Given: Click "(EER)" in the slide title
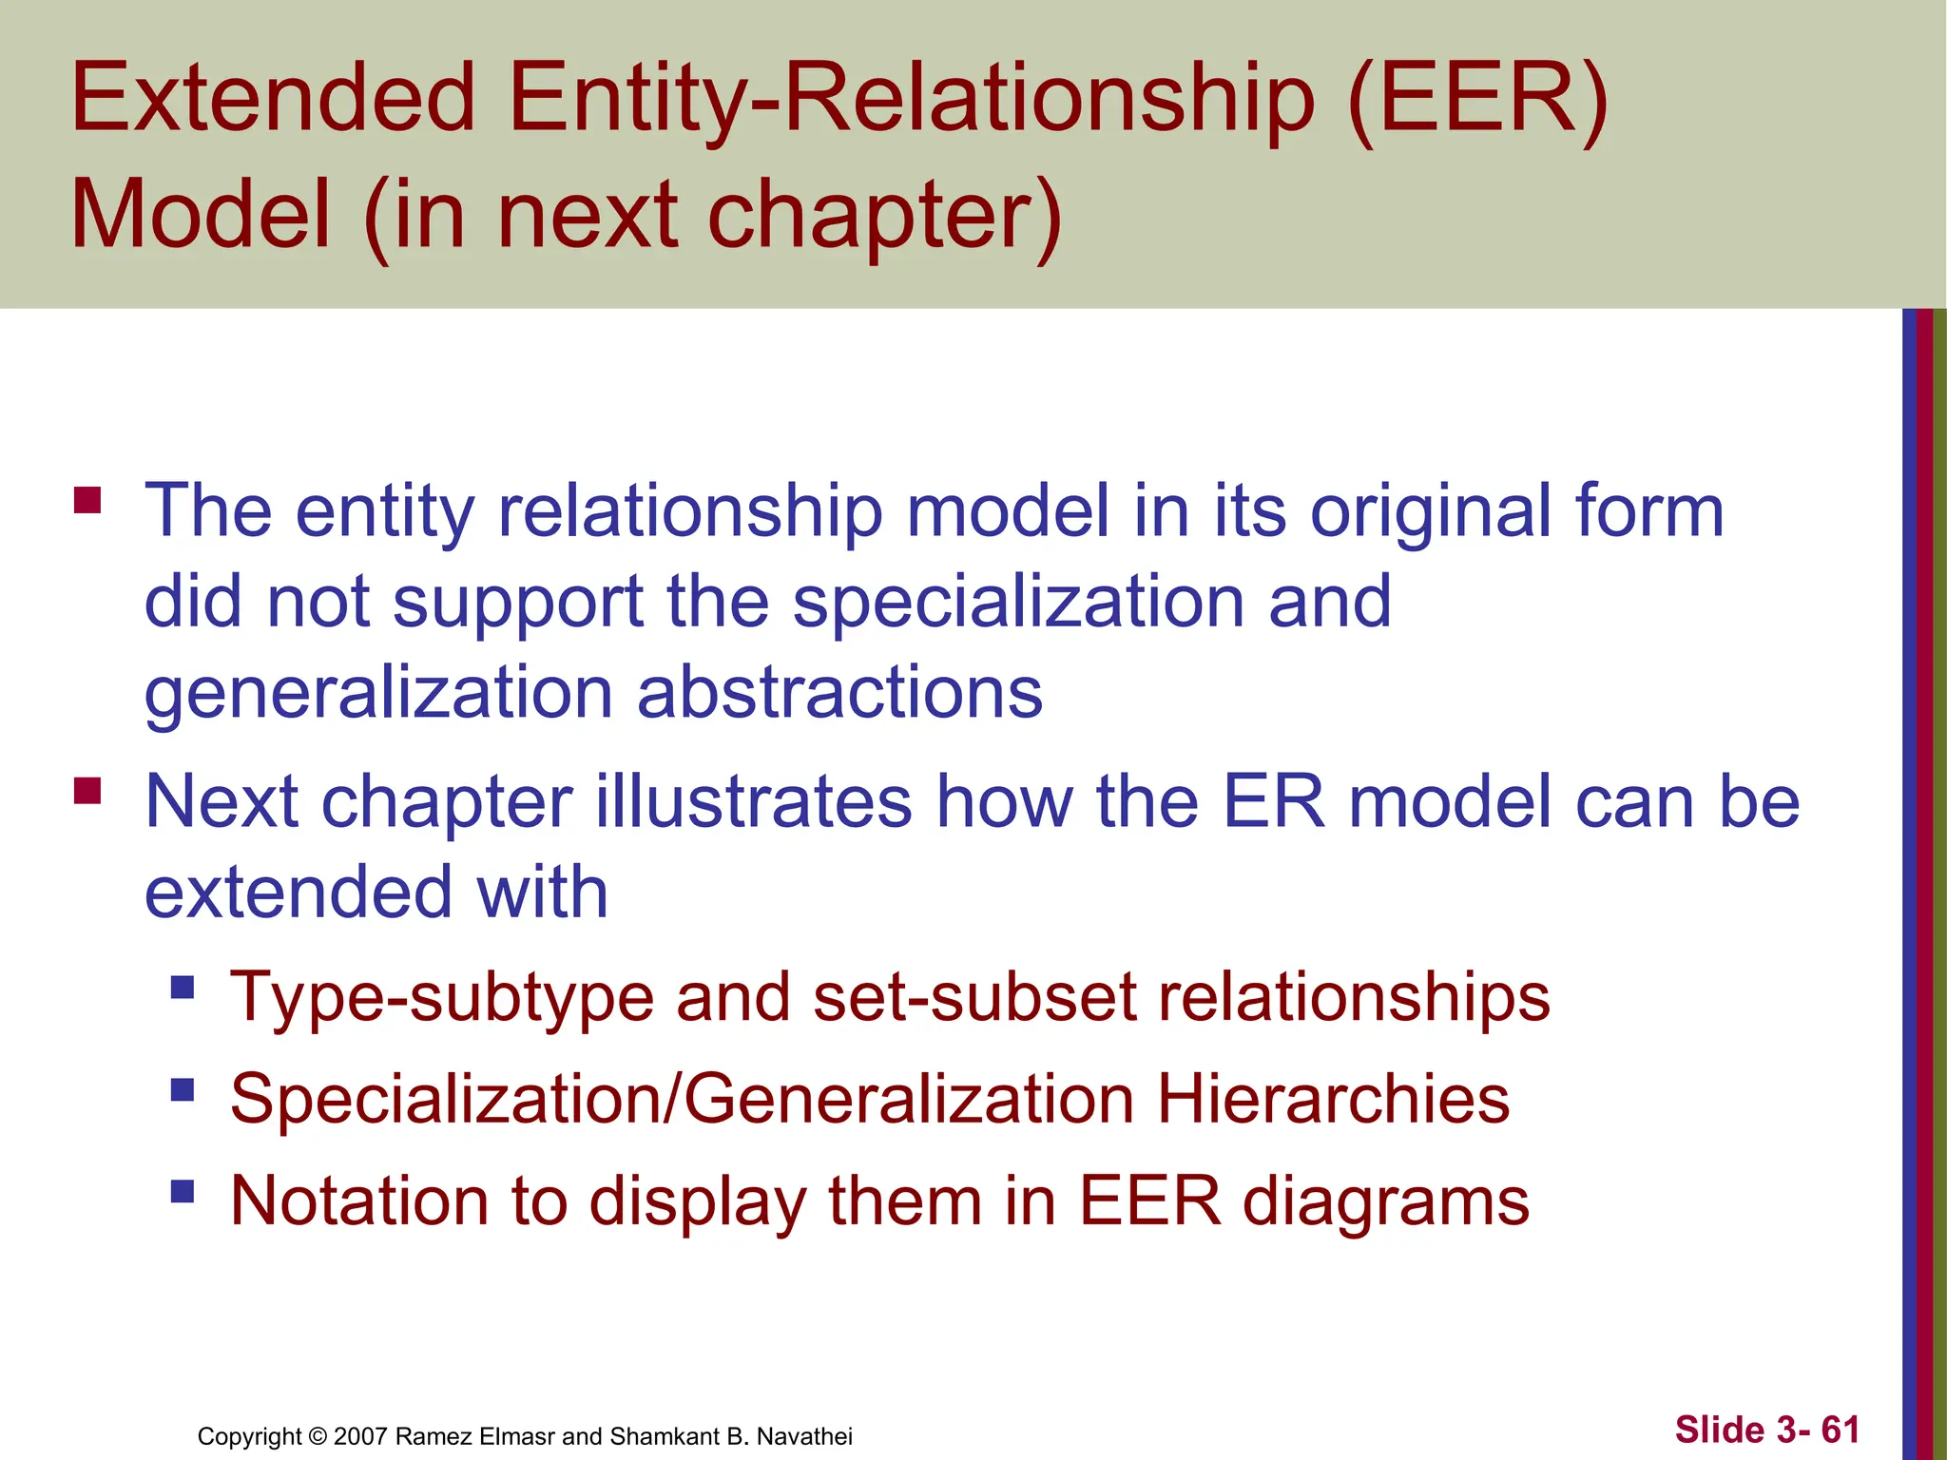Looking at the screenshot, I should [x=1477, y=99].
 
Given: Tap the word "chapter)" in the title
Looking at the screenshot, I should [x=883, y=217].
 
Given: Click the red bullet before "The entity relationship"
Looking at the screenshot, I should [x=87, y=500].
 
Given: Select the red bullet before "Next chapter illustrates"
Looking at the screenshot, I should [x=87, y=791].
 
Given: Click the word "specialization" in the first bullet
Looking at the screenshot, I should [x=1018, y=603].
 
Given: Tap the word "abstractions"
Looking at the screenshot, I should [x=839, y=692].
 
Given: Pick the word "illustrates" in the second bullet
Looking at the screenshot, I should [x=754, y=802].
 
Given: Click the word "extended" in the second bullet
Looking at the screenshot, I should [x=298, y=893].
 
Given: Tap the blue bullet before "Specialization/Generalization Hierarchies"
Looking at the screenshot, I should [x=183, y=1088].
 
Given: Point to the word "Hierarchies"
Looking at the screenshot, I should [x=1333, y=1100].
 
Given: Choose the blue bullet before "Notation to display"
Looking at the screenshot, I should [x=183, y=1191].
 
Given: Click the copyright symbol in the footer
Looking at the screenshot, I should [x=318, y=1436].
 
